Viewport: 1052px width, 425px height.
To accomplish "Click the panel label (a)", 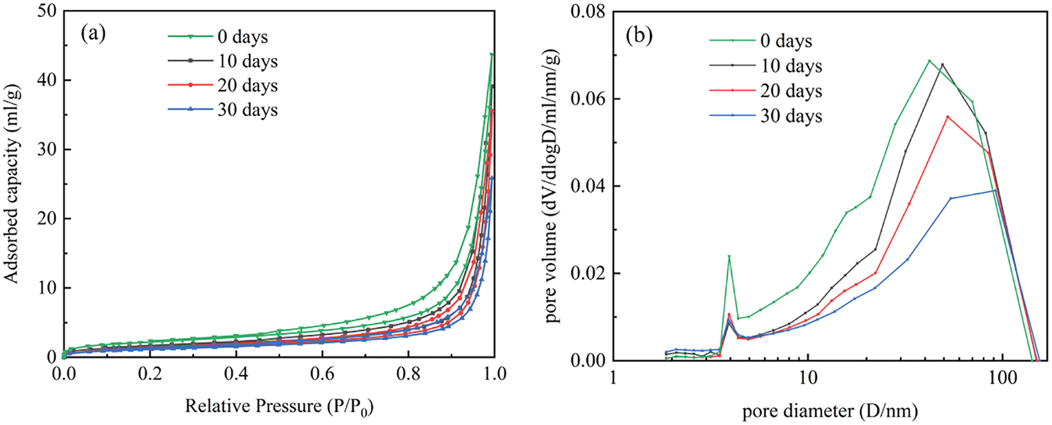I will tap(93, 34).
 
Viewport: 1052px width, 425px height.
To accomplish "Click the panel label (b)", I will tap(639, 36).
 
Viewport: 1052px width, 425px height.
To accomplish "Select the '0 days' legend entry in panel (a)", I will tap(242, 37).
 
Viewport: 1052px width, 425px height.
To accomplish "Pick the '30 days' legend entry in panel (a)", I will tap(247, 110).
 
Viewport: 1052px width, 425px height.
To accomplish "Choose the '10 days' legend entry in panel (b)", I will tap(791, 66).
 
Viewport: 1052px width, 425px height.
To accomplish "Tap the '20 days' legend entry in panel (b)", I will tap(791, 91).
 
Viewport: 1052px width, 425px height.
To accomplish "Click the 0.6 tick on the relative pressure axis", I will tap(323, 375).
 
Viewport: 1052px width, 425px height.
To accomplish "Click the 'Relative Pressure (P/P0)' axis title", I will tap(279, 406).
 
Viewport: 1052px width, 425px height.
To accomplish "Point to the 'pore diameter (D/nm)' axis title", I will tap(830, 411).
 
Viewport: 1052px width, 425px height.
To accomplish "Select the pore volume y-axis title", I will tap(553, 186).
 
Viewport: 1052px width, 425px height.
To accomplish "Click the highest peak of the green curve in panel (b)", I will tap(929, 61).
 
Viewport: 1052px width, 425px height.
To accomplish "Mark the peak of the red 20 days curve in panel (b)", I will tap(948, 116).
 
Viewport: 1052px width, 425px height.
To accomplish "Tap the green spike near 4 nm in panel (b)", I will tap(729, 257).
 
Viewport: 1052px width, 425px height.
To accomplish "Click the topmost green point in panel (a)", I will tap(492, 55).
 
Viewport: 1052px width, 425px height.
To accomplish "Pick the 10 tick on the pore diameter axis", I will tap(808, 378).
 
